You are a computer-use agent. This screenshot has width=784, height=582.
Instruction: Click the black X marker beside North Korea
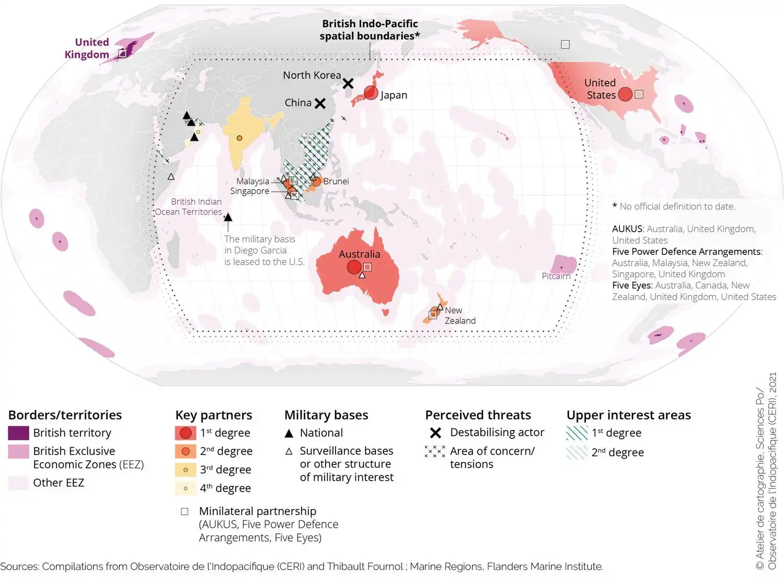348,84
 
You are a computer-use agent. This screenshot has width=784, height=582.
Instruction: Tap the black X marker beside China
320,103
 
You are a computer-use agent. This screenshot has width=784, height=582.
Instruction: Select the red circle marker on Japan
371,93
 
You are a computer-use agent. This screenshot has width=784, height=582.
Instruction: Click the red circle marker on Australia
354,267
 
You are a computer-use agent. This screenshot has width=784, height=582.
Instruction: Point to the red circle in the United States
625,94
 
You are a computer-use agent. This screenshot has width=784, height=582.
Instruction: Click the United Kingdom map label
87,48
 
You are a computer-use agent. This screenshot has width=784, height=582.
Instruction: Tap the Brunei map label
336,181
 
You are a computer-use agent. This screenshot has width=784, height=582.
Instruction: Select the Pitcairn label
556,276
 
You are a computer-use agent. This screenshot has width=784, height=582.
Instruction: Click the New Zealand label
459,316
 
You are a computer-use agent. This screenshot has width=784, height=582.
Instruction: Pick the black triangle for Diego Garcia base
228,217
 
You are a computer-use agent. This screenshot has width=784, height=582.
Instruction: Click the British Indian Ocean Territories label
189,207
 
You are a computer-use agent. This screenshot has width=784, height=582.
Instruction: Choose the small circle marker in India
239,138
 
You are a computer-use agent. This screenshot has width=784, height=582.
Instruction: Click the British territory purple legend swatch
18,433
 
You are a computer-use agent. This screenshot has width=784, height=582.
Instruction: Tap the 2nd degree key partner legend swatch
185,451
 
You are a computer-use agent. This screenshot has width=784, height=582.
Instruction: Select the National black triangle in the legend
289,433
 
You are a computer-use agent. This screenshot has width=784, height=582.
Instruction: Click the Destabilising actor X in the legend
435,433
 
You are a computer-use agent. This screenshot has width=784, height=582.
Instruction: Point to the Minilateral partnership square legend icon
185,511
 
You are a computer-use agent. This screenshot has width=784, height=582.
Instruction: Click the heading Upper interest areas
628,415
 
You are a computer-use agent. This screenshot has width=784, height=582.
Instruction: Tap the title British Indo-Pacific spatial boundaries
370,30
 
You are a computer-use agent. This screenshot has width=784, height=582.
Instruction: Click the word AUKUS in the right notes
627,229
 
